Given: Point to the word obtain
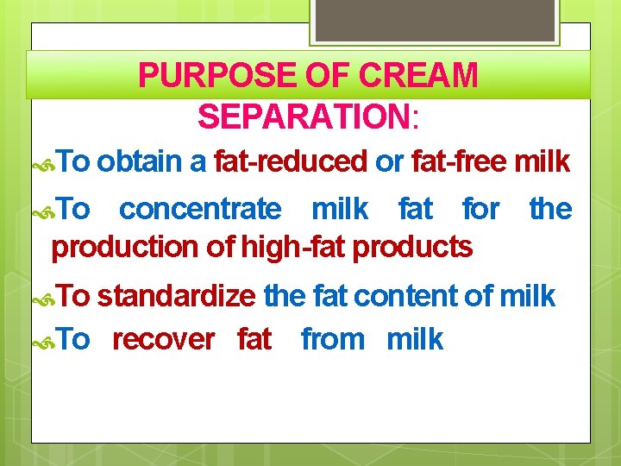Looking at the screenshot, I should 150,161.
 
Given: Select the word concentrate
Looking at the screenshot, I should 199,209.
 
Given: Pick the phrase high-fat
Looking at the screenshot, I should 295,248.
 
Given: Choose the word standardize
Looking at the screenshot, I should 176,296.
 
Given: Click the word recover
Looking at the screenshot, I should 163,339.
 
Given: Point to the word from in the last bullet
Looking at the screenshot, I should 333,339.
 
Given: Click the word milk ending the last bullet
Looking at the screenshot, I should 415,339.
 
